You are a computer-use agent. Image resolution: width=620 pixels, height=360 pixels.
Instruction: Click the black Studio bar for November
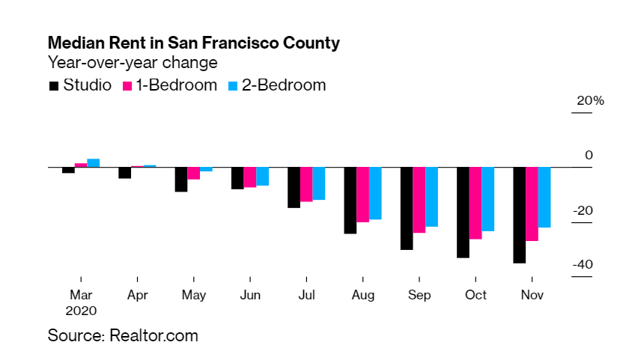pos(519,215)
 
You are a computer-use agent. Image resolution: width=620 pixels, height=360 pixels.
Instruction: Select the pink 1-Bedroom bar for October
pos(475,203)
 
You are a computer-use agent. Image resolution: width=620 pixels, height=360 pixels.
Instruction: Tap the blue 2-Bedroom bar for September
pos(431,197)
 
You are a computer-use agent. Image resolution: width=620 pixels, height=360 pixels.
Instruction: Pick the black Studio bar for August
pos(350,201)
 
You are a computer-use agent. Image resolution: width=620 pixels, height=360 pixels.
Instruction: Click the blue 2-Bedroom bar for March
pos(94,162)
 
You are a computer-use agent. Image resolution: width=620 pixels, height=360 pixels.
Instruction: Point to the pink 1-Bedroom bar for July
pos(306,184)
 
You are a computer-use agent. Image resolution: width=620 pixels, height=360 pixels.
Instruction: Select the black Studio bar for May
pos(181,180)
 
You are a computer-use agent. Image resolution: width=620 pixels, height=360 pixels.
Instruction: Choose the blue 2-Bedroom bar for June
pos(262,177)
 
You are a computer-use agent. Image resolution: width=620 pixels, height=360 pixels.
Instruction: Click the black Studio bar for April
pos(124,173)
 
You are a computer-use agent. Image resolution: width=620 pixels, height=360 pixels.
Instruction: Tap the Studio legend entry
pos(79,85)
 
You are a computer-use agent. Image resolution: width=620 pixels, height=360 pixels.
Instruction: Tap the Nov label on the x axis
pos(532,295)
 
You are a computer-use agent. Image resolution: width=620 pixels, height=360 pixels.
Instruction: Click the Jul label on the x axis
pos(306,295)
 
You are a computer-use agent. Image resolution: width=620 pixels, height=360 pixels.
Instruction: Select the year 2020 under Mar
pos(81,309)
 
